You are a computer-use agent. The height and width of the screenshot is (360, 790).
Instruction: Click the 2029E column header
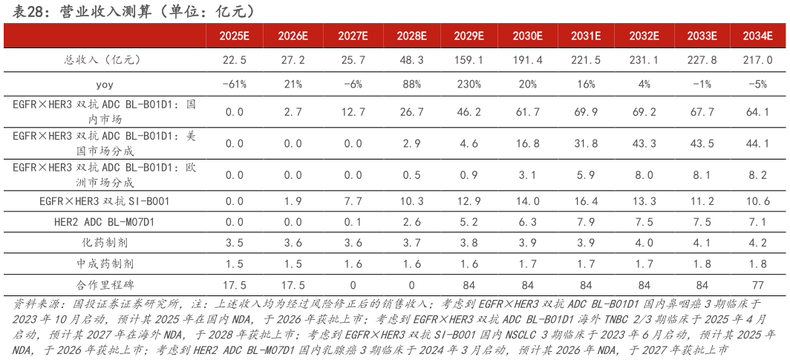(x=469, y=36)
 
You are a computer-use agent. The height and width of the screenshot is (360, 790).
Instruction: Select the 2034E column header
(x=761, y=36)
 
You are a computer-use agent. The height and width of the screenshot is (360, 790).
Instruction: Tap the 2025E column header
(x=234, y=36)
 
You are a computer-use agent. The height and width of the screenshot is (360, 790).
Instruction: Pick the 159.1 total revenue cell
(x=469, y=59)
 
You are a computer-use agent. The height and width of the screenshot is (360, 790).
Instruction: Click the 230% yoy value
(x=469, y=84)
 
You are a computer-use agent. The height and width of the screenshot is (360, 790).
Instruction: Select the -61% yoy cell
(x=234, y=84)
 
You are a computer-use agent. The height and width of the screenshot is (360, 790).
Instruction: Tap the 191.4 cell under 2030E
(x=527, y=59)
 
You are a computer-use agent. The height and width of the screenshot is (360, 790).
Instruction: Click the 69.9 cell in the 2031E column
(x=586, y=112)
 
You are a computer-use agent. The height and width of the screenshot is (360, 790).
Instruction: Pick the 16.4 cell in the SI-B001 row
(x=586, y=200)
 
